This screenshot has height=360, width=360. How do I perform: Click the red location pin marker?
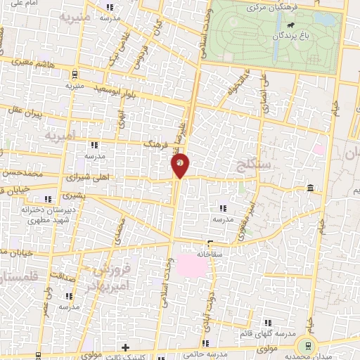tap(180, 165)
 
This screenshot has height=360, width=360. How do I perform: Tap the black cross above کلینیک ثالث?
tap(125, 347)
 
